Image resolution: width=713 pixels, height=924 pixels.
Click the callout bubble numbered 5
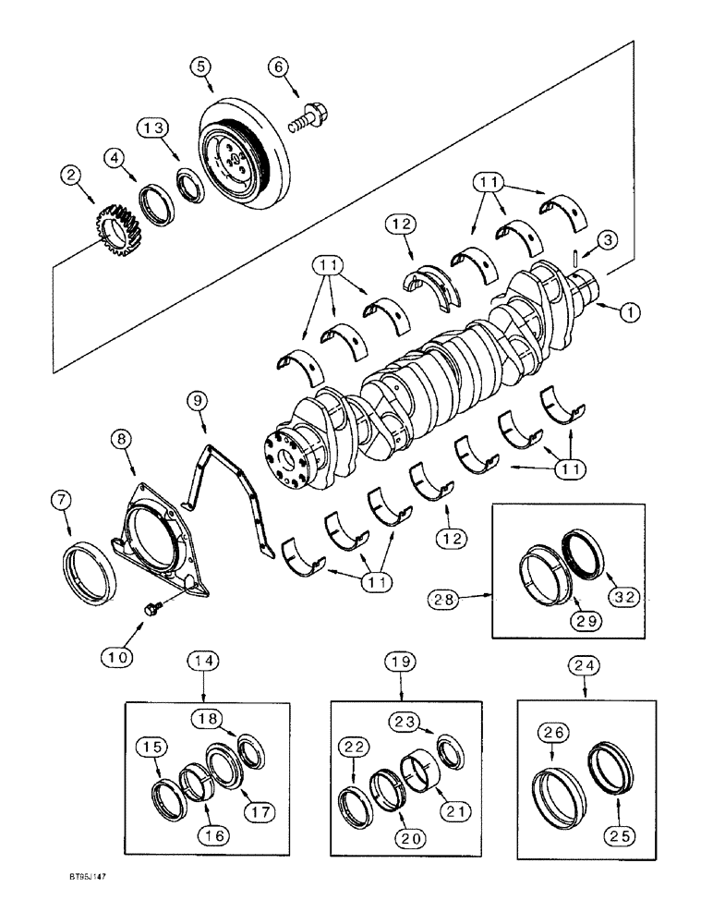[x=201, y=66]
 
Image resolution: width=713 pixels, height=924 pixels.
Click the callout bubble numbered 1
[x=630, y=313]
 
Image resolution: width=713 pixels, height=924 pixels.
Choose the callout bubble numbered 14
[x=204, y=661]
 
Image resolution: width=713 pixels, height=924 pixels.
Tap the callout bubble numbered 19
[x=403, y=662]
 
